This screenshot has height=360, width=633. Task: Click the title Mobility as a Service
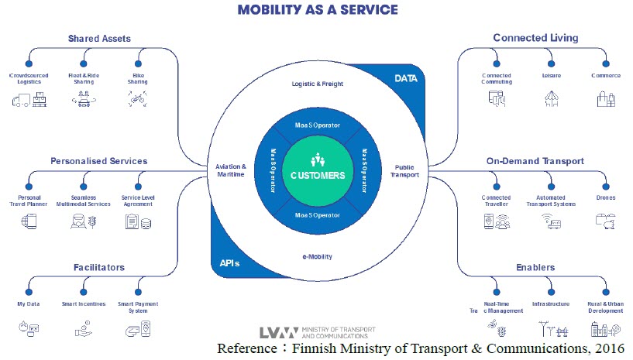[x=318, y=10]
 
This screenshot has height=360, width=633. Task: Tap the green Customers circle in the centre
[x=318, y=170]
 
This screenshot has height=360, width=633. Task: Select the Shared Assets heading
[x=99, y=38]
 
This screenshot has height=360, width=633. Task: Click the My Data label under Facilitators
[x=28, y=304]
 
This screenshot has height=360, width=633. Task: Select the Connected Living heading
[x=535, y=38]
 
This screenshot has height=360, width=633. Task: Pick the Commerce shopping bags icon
[x=605, y=98]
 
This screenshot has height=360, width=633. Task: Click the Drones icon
[x=605, y=221]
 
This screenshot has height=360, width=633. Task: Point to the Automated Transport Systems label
[x=551, y=201]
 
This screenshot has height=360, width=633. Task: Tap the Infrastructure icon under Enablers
[x=551, y=329]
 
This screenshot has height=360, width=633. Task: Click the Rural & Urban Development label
[x=605, y=307]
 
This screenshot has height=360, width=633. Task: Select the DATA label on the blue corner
[x=406, y=78]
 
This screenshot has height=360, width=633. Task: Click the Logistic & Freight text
[x=317, y=84]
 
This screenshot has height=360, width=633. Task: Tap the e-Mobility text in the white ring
[x=317, y=255]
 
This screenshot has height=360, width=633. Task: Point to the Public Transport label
[x=405, y=170]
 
